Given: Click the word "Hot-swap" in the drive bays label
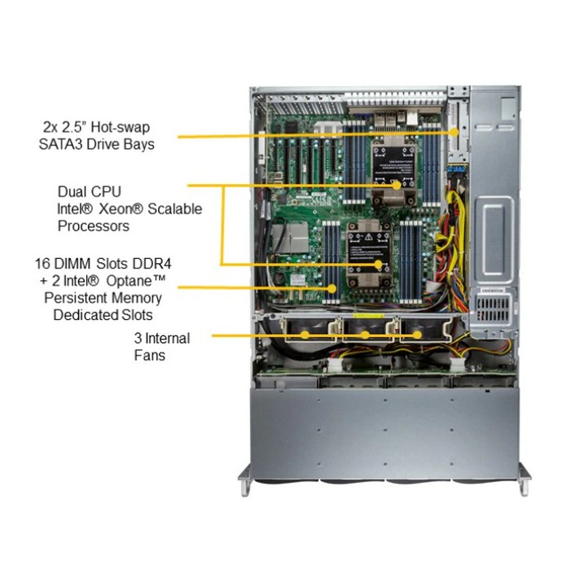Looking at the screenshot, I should pyautogui.click(x=121, y=127).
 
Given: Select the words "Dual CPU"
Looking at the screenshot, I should pyautogui.click(x=90, y=191).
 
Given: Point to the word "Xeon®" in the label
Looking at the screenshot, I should pyautogui.click(x=119, y=208).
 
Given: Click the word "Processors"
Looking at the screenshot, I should pyautogui.click(x=94, y=226).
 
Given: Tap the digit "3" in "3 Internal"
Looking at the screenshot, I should pyautogui.click(x=139, y=338).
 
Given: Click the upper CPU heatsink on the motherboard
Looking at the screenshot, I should pyautogui.click(x=390, y=167).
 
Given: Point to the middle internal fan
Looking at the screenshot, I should pyautogui.click(x=365, y=335).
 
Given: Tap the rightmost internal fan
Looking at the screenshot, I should pyautogui.click(x=418, y=335).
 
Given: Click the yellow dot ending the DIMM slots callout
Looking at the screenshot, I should pyautogui.click(x=332, y=287).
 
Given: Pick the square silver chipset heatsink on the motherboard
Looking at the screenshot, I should pyautogui.click(x=294, y=236).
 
